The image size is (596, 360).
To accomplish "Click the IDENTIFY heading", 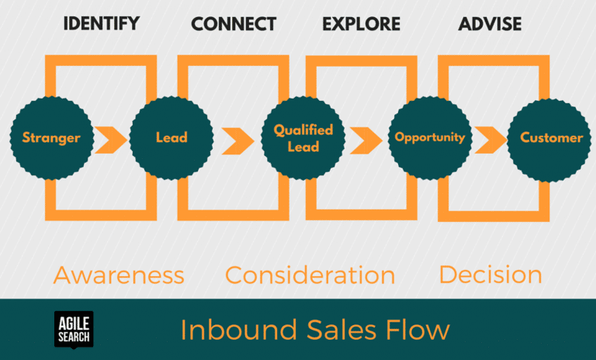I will point(101,23).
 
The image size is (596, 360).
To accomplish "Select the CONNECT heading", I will point(233,24).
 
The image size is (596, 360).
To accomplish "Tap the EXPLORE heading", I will point(361,24).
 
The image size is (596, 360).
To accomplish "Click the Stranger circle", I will point(50,138).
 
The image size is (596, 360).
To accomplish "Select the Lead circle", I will point(171,138).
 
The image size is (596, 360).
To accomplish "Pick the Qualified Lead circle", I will point(303,138).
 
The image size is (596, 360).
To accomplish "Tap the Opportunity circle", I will point(429,138).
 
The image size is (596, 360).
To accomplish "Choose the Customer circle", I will point(550,138).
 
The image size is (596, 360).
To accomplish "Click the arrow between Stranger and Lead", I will point(111,139).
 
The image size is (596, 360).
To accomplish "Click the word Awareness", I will point(119,275).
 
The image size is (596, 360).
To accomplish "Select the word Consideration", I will point(310,275).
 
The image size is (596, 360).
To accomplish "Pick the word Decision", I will point(490,275).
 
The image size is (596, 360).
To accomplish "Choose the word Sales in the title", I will point(330,330).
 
